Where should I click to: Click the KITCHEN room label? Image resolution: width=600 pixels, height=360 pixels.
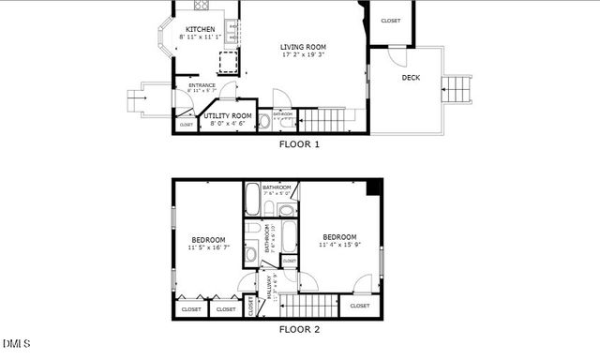200,29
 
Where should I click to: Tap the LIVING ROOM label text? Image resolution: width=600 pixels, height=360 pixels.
303,47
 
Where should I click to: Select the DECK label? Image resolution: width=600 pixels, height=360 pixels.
411,78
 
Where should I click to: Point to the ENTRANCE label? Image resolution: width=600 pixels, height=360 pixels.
202,86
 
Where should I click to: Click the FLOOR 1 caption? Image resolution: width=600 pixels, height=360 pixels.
300,144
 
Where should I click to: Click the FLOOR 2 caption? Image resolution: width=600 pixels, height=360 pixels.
300,329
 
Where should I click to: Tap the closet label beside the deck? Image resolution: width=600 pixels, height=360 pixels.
391,21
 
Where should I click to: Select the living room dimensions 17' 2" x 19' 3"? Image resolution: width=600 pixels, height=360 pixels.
303,55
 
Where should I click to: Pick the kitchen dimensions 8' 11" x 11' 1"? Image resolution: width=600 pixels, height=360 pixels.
200,37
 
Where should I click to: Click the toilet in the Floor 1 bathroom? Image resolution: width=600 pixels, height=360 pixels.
263,121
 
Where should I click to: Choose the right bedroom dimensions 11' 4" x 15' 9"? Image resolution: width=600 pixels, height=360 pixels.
339,245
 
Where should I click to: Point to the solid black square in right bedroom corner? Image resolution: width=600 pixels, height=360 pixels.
374,187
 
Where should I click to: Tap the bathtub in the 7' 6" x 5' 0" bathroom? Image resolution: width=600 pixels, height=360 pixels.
253,199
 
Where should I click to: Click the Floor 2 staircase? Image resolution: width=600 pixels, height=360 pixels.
309,306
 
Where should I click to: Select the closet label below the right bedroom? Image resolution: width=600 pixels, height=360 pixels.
360,306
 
